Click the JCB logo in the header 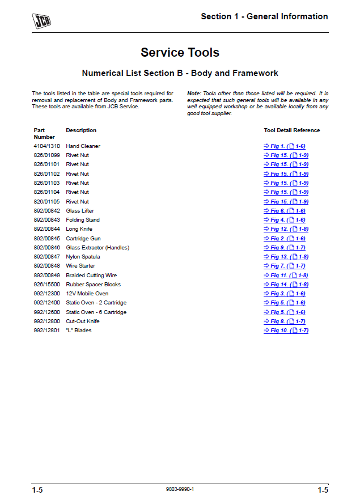click(x=41, y=21)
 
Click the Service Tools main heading click(x=180, y=53)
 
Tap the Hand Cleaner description click(x=83, y=146)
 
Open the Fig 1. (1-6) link click(x=285, y=146)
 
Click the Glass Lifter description click(x=80, y=211)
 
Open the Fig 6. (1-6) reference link click(x=285, y=211)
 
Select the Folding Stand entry click(x=82, y=220)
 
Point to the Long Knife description click(x=79, y=229)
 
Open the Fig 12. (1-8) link click(x=286, y=229)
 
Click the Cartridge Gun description click(x=83, y=239)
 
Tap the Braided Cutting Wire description click(x=91, y=276)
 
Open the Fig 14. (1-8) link click(x=286, y=285)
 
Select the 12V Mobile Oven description click(x=87, y=294)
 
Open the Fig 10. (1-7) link click(x=286, y=331)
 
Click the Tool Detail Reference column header click(x=291, y=130)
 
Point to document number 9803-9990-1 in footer click(x=180, y=489)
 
